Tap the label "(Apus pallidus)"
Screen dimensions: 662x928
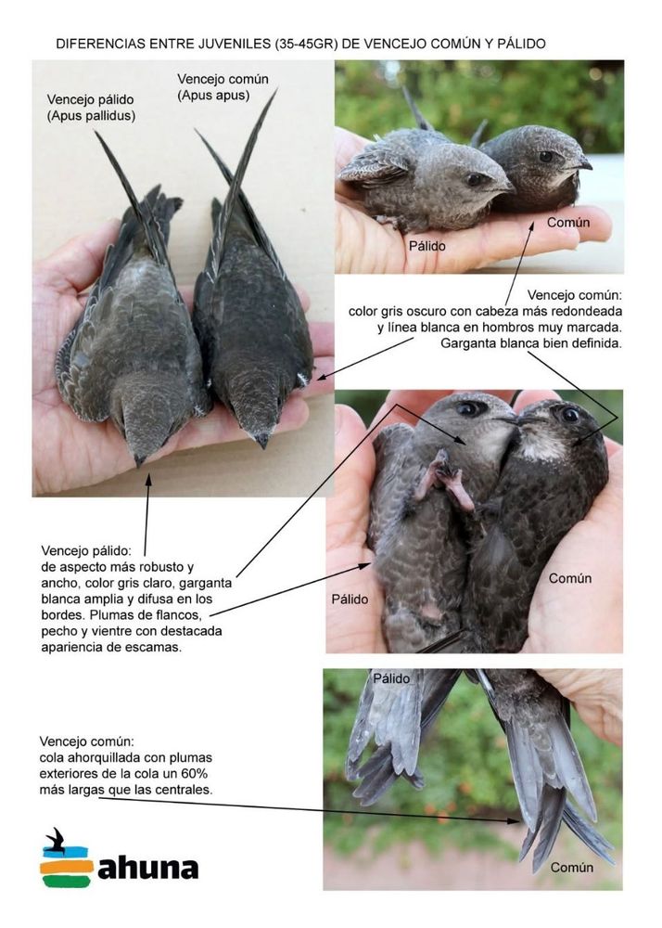coord(91,116)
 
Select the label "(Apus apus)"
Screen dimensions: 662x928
coord(213,96)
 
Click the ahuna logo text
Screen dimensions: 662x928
coord(147,869)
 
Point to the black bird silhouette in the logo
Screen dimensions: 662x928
coord(57,841)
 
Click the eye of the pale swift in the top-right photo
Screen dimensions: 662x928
coord(474,179)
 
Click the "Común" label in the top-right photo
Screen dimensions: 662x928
coord(568,223)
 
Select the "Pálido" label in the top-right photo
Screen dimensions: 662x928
coord(427,246)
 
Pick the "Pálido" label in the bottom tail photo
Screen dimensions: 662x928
coord(391,678)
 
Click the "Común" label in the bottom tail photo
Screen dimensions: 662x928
coord(572,867)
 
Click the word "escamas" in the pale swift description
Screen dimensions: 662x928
coord(153,647)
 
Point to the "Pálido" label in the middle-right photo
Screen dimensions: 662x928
coord(350,599)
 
